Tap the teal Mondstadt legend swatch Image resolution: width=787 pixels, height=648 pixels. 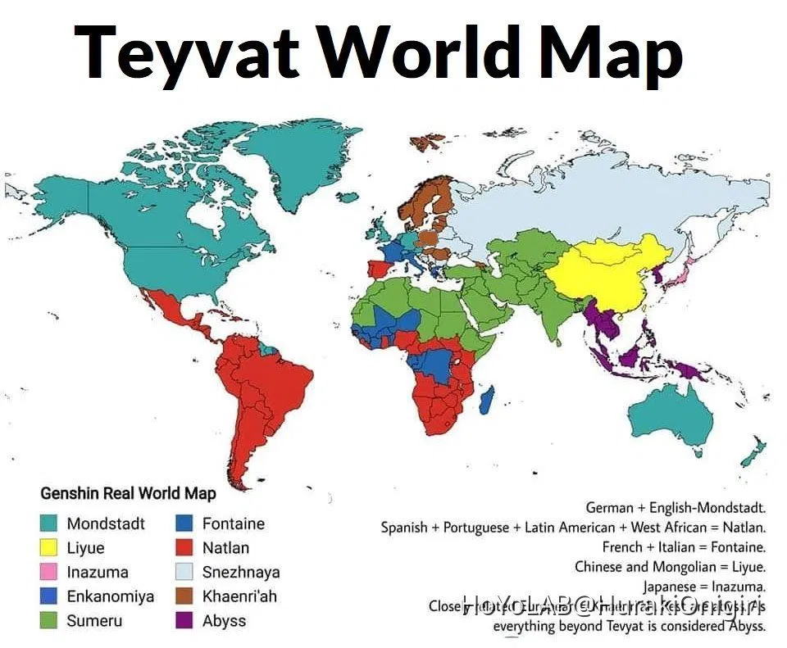[x=51, y=523]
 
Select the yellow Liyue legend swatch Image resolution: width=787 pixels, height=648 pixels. [x=51, y=548]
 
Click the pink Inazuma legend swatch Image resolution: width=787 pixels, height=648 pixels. [x=51, y=572]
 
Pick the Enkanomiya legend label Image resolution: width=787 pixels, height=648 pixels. [x=110, y=596]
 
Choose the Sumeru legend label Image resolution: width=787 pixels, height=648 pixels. [x=94, y=620]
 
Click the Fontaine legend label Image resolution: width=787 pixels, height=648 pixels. [x=234, y=523]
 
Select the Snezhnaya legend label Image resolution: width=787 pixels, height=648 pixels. [x=241, y=572]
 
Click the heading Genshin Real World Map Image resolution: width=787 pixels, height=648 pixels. [x=129, y=493]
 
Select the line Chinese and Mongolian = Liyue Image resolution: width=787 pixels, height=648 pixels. [x=670, y=566]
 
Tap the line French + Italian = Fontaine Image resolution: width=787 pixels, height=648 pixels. [x=684, y=546]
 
